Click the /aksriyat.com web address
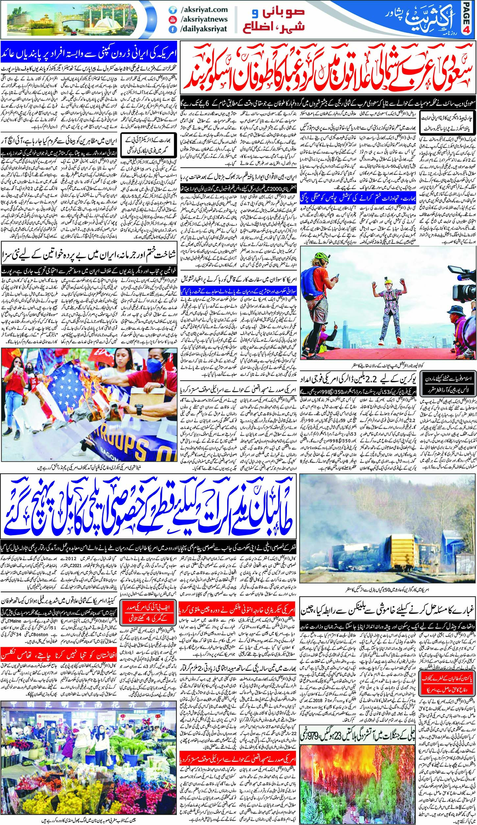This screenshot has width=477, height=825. pos(204,10)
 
